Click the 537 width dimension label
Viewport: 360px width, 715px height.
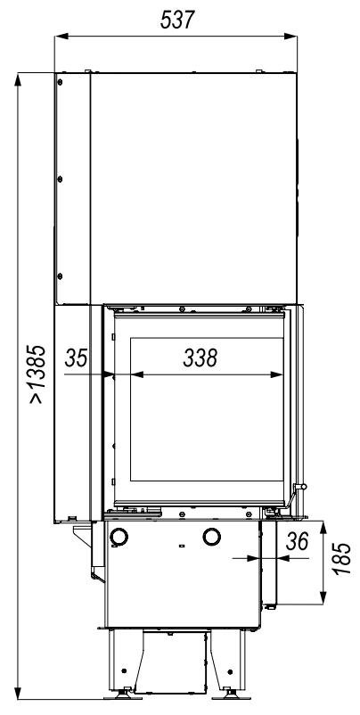click(177, 20)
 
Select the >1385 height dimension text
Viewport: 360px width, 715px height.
click(37, 374)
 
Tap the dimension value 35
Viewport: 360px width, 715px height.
click(76, 358)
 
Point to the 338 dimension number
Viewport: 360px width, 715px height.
click(200, 358)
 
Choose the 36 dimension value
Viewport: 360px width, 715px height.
click(297, 541)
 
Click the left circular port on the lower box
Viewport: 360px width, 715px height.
click(119, 537)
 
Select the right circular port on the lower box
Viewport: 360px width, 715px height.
click(212, 537)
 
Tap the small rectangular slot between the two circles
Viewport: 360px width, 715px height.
click(182, 546)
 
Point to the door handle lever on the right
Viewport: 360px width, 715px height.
click(294, 496)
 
